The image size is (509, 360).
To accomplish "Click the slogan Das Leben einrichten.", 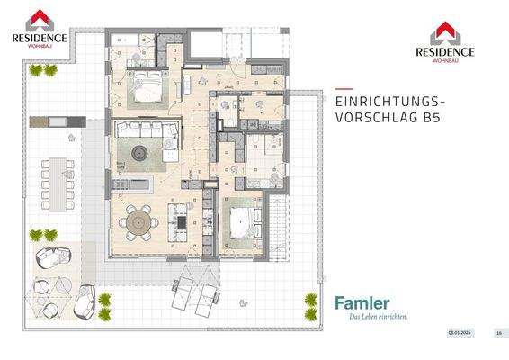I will click(x=371, y=316).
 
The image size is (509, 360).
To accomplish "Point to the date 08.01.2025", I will click(x=460, y=333).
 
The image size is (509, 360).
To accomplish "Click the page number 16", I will click(x=497, y=333).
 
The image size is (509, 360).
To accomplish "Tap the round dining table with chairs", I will click(x=139, y=219).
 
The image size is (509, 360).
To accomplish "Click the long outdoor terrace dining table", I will click(x=59, y=181).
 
